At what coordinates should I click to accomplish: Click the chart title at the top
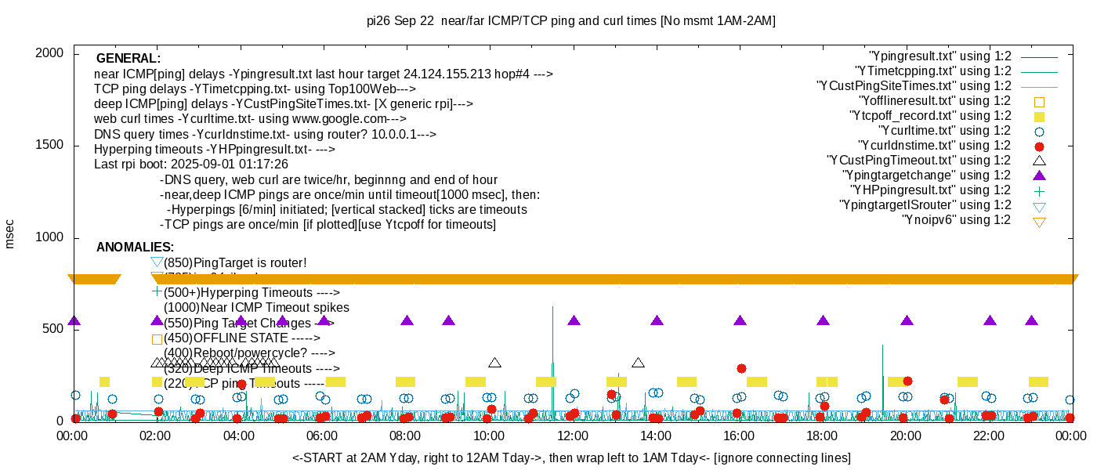[x=570, y=21]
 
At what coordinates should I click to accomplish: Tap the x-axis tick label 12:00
[x=572, y=436]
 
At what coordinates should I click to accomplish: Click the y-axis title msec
[x=10, y=234]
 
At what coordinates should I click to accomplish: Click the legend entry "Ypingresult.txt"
[x=940, y=56]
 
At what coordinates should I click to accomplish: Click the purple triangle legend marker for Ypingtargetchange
[x=1039, y=175]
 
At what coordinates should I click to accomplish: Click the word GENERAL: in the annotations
[x=129, y=59]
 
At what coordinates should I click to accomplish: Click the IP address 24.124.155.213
[x=447, y=74]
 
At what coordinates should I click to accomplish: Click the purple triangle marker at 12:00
[x=574, y=320]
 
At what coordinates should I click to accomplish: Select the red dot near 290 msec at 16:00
[x=741, y=368]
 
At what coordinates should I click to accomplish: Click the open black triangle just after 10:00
[x=494, y=363]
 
